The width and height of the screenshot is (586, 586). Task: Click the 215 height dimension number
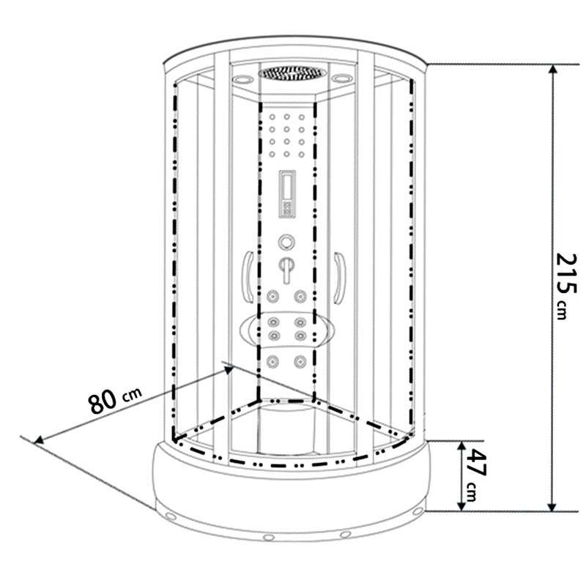[x=566, y=273]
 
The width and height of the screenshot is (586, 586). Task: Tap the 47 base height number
[x=476, y=464]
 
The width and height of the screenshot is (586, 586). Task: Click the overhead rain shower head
[x=292, y=73]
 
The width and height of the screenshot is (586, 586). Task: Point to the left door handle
[x=248, y=277]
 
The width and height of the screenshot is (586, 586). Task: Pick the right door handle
[x=340, y=278]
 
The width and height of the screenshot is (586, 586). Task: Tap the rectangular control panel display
[x=287, y=194]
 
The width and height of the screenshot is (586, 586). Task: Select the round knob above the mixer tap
[x=286, y=242]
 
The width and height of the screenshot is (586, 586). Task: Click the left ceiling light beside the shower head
[x=243, y=79]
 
